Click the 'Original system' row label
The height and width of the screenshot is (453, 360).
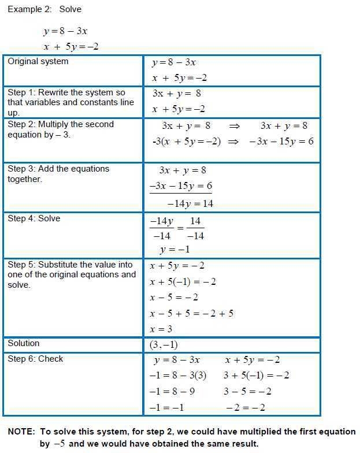tap(38, 62)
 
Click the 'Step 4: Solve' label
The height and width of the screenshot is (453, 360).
tap(34, 218)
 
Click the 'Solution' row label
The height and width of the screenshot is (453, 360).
tap(24, 343)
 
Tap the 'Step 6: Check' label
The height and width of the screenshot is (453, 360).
tap(35, 359)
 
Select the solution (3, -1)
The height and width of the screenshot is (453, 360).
tap(164, 345)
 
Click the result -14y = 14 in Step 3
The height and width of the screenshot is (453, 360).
tap(190, 203)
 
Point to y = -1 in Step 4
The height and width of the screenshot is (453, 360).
tap(175, 250)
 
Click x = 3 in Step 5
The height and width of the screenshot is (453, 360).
tap(161, 329)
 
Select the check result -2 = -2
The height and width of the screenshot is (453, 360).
tap(246, 407)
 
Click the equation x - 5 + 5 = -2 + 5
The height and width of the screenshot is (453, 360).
tap(191, 313)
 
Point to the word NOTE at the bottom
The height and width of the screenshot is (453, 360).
tap(21, 432)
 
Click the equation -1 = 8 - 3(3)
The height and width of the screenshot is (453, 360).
tap(177, 376)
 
